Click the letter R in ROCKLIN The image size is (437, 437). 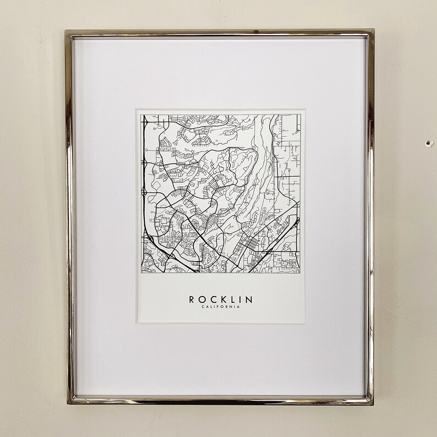pos(192,299)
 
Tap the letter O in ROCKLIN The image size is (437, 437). pos(202,299)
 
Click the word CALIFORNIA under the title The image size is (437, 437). pos(220,307)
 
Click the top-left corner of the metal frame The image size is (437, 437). pos(67,31)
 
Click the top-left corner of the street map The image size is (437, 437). pos(141,115)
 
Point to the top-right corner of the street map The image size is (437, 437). pos(302,115)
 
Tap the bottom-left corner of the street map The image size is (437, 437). pos(141,272)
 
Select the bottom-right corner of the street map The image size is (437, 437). pos(302,272)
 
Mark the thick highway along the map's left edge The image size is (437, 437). pos(144,182)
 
